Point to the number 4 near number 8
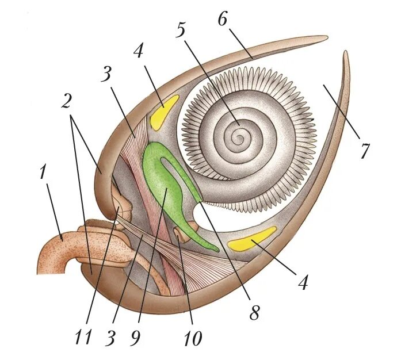(x=304, y=282)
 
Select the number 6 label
(x=223, y=18)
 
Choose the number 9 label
(x=135, y=338)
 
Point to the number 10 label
(x=192, y=338)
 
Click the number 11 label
(x=82, y=337)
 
